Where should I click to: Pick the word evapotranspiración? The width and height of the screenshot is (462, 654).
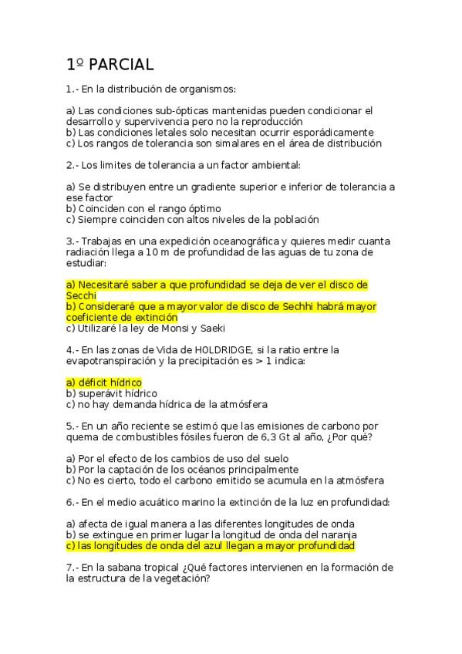[114, 360]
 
